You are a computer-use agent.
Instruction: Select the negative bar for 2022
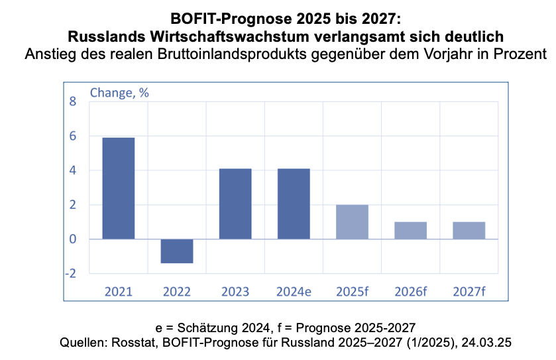[177, 251]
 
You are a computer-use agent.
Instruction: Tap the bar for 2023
[235, 204]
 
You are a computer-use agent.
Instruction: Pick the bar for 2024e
[294, 204]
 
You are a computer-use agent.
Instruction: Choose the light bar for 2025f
[352, 222]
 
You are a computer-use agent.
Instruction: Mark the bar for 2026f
[410, 231]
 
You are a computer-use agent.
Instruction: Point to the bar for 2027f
[469, 231]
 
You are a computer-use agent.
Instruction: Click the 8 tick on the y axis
[73, 101]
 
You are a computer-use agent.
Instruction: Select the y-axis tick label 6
[73, 136]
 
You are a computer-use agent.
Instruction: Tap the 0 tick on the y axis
[73, 239]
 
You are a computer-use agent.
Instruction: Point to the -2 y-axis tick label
[70, 273]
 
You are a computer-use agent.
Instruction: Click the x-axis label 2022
[177, 292]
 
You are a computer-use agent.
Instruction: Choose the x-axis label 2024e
[294, 292]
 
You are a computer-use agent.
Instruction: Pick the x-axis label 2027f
[469, 292]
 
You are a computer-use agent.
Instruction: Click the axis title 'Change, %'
[119, 93]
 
